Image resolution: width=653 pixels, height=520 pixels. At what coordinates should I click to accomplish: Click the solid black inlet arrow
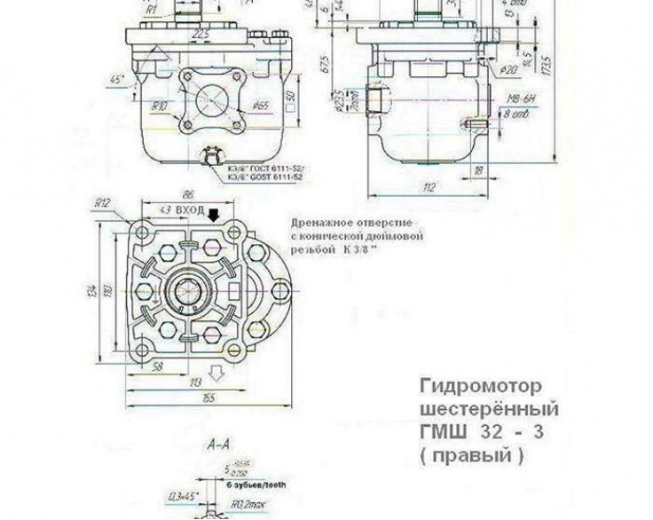211,213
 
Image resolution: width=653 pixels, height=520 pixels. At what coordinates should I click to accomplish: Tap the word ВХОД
189,211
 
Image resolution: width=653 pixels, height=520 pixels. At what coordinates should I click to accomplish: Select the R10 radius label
159,106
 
